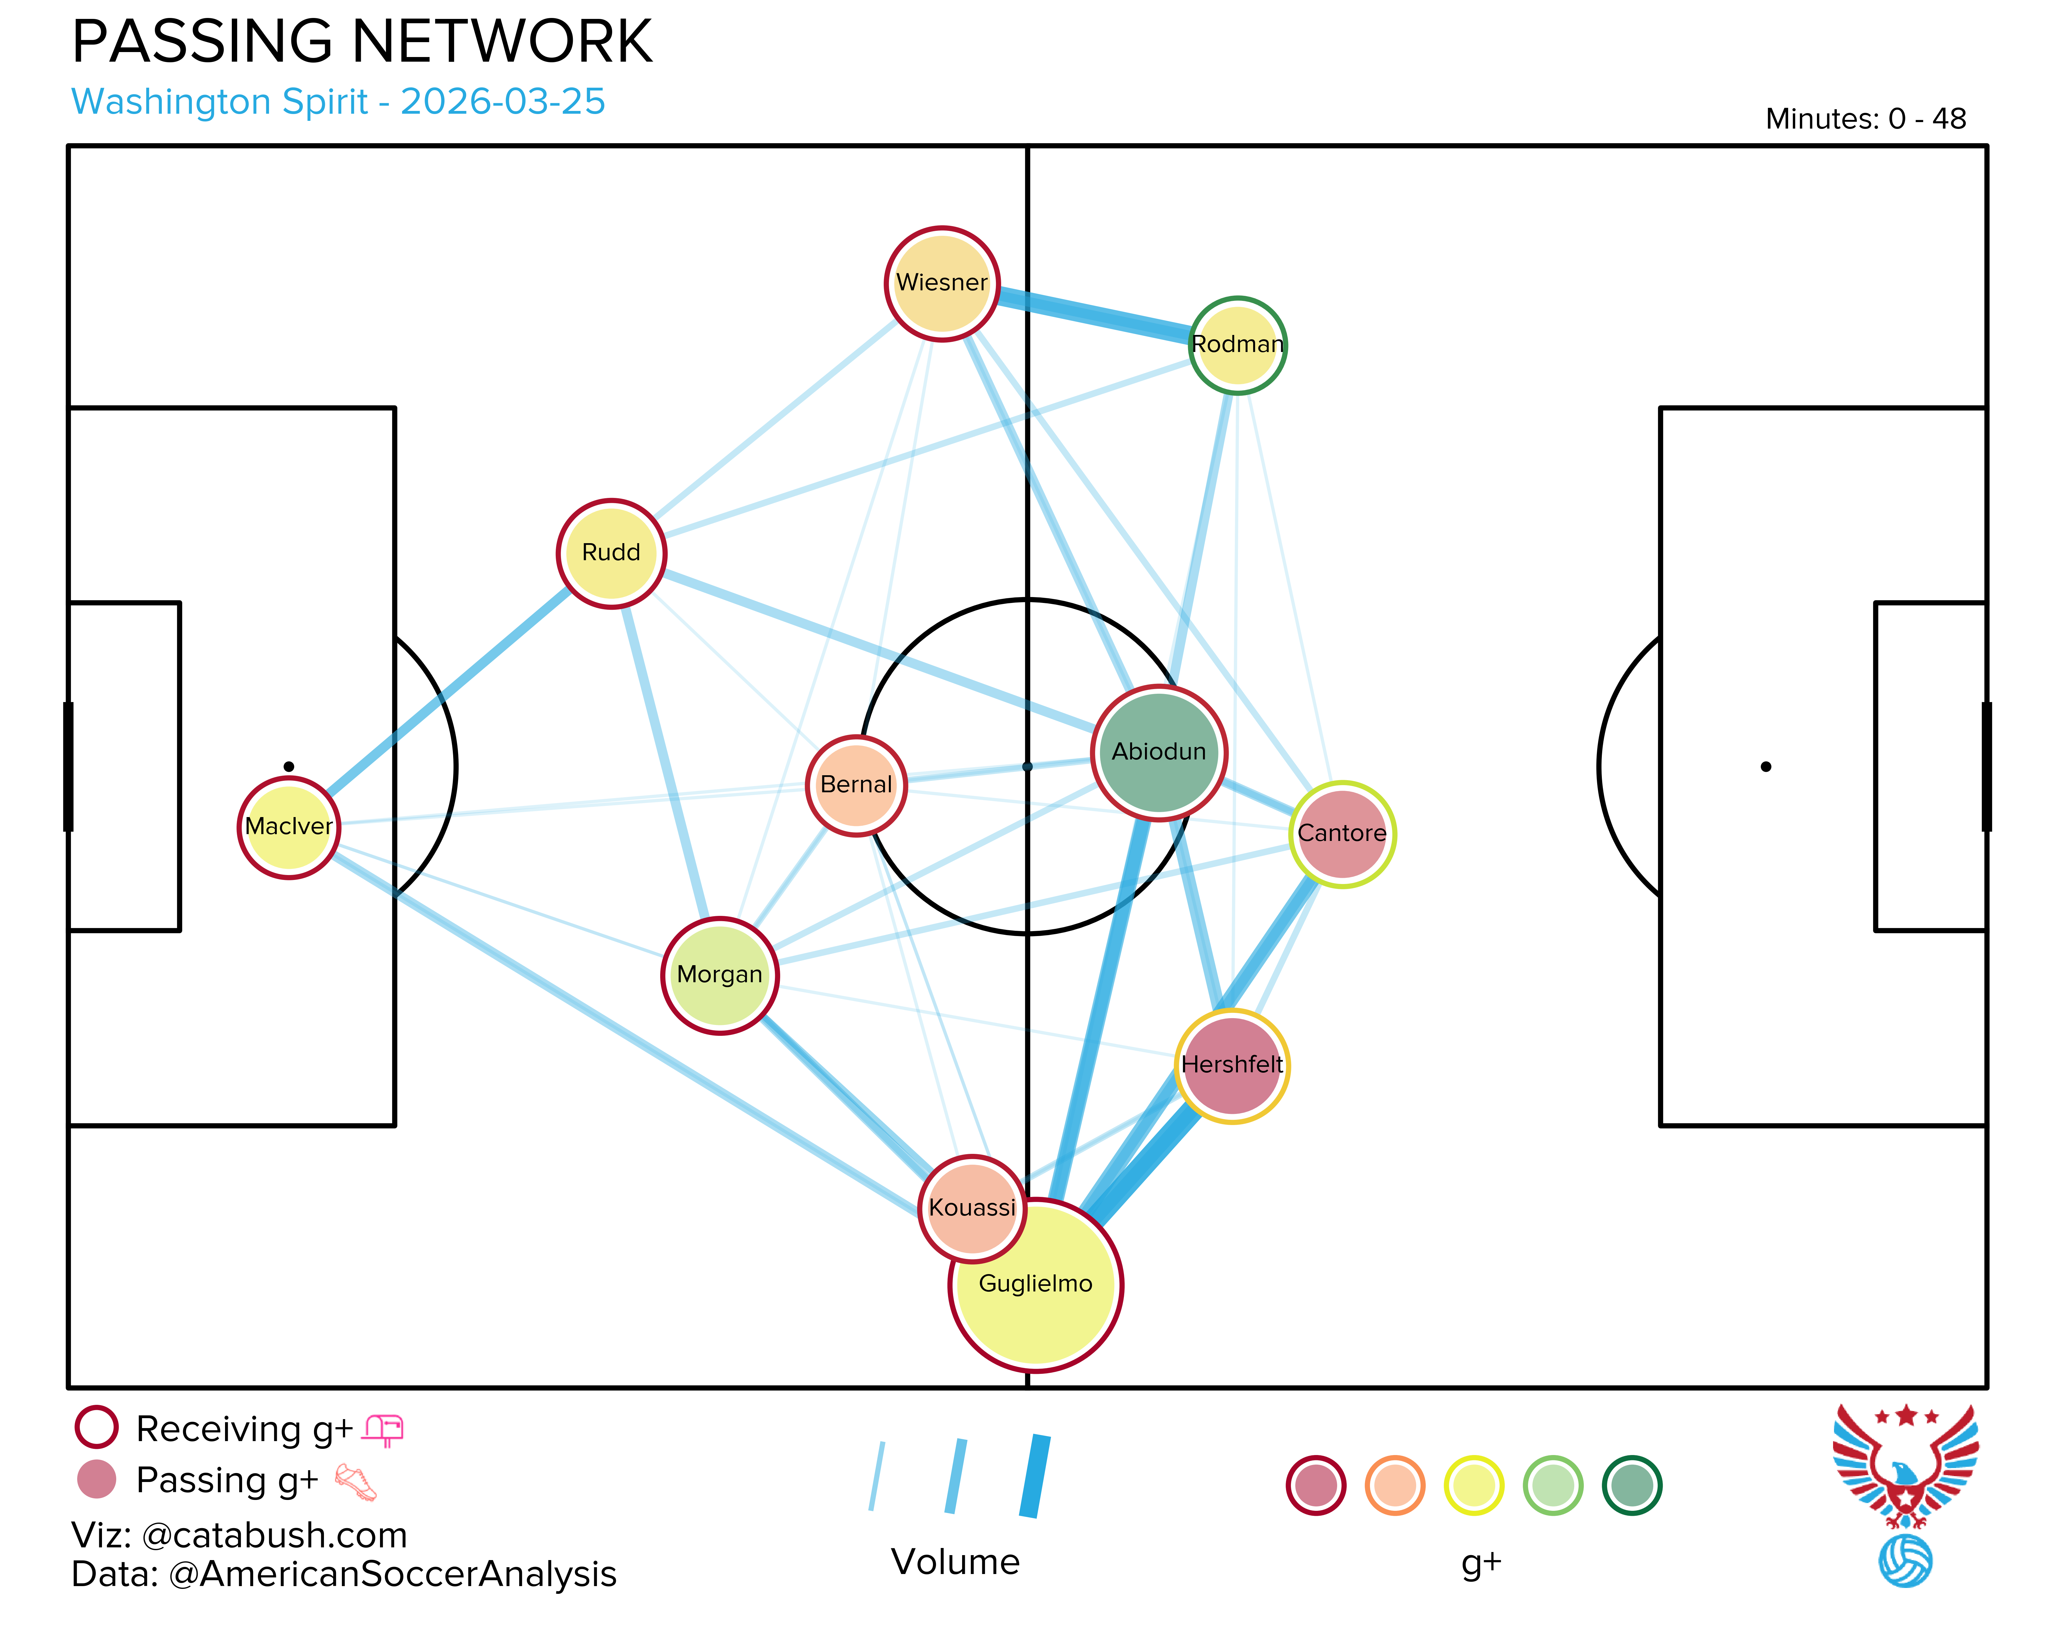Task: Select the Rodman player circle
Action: click(1238, 345)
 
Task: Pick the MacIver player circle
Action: click(289, 827)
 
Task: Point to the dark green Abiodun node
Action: click(1159, 753)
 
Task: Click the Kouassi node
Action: click(972, 1208)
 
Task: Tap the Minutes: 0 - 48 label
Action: click(1865, 119)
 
